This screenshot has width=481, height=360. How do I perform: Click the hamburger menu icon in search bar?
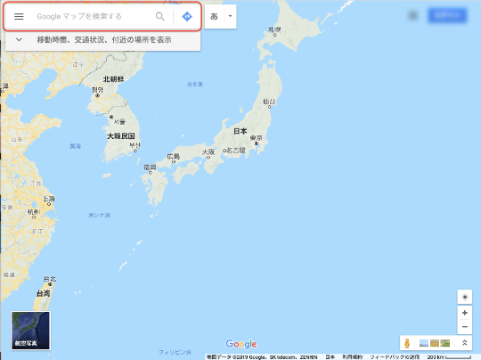coord(19,16)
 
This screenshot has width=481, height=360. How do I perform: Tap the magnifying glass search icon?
coord(160,16)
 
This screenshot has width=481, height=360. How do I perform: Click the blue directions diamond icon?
coord(187,16)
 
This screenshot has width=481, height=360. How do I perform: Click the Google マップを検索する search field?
coord(89,16)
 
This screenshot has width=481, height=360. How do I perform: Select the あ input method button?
coord(214,16)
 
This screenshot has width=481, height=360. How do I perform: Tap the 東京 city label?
coord(256,137)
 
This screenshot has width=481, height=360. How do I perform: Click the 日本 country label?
coord(240,131)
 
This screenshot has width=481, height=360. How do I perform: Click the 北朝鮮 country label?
coord(114,79)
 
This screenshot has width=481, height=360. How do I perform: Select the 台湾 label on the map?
coord(43,292)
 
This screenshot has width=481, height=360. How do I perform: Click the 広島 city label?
coord(173,156)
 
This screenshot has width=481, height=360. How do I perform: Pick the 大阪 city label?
coord(208,151)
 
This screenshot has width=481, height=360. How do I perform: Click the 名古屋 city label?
coord(235,150)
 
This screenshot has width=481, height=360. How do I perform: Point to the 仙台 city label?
coord(269,102)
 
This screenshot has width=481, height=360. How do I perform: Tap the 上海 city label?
coord(49,199)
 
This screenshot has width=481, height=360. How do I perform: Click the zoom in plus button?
coord(464,313)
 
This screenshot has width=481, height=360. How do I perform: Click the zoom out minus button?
coord(464,327)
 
